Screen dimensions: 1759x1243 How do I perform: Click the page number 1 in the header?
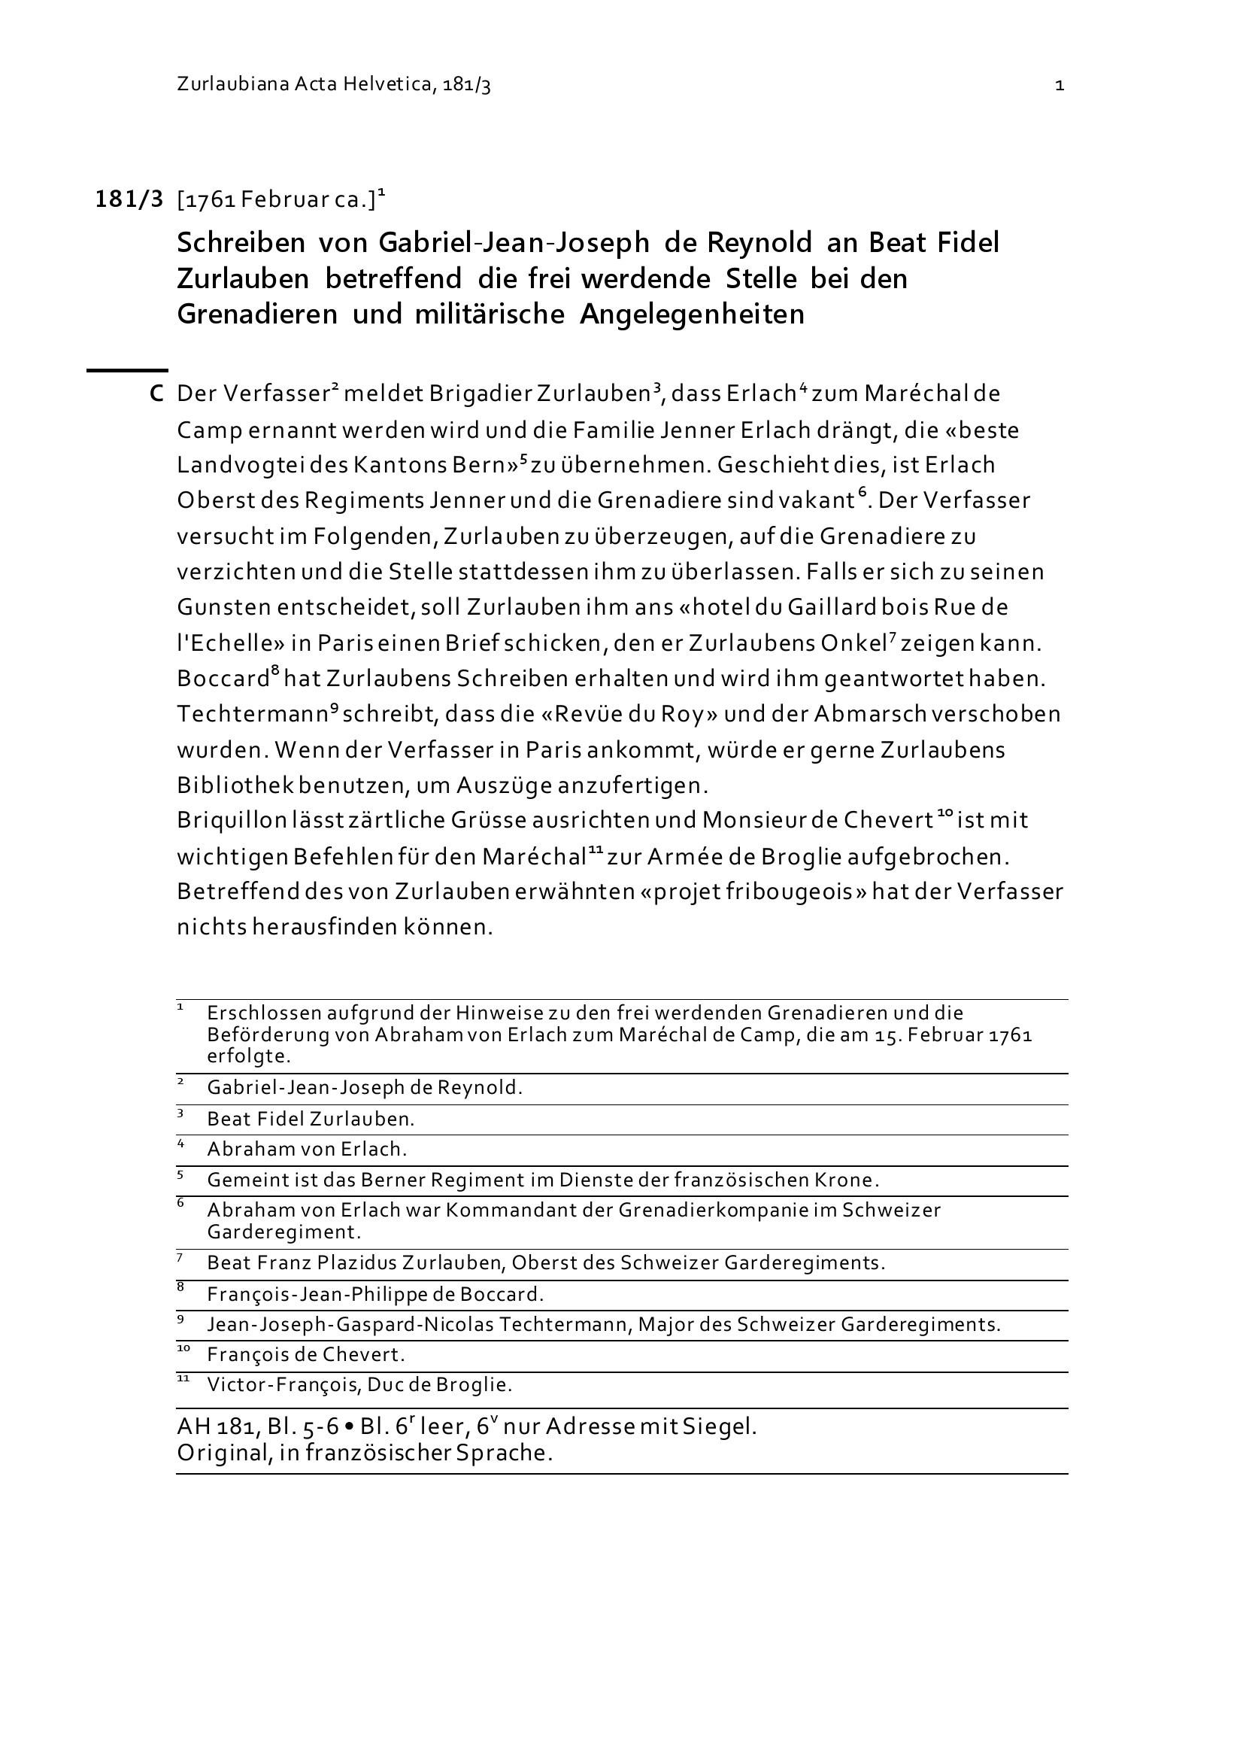(x=1060, y=86)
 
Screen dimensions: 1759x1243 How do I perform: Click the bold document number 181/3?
(x=129, y=200)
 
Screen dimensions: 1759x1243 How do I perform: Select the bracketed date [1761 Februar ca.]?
(x=276, y=201)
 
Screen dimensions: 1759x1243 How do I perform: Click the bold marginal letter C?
(x=156, y=394)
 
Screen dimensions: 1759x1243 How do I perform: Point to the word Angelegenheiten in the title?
(x=692, y=314)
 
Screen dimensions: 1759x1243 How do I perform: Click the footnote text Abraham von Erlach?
(x=306, y=1149)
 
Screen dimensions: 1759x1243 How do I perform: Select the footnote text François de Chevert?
(x=305, y=1354)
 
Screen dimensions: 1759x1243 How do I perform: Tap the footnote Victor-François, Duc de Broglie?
(x=359, y=1385)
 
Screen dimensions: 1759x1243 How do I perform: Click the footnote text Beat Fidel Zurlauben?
(x=310, y=1120)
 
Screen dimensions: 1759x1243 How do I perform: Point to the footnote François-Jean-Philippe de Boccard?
(x=375, y=1295)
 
